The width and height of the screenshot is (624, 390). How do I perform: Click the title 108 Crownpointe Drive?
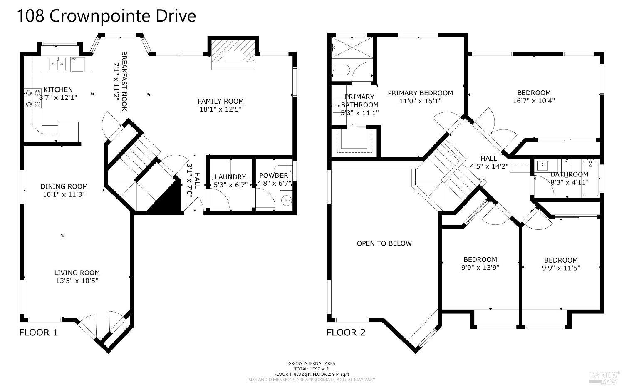click(106, 16)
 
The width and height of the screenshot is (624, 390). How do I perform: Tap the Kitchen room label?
click(58, 89)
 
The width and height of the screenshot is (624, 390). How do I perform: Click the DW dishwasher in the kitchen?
click(77, 64)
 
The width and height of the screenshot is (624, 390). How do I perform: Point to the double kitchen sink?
click(58, 64)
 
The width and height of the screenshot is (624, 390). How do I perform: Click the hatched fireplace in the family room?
click(233, 54)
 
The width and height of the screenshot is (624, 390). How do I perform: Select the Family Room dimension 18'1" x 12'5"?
click(220, 109)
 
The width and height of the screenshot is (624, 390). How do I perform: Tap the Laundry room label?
click(230, 177)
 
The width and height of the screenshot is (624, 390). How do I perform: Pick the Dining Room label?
click(64, 186)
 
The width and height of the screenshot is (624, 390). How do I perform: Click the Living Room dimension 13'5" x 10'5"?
click(77, 281)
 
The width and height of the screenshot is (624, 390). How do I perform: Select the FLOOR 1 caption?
click(39, 333)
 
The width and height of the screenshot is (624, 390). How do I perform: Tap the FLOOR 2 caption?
click(346, 333)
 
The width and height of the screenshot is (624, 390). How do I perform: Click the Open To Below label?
click(384, 243)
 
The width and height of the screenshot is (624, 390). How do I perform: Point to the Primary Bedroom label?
click(420, 93)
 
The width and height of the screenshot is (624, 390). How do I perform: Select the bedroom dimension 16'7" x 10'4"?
click(534, 101)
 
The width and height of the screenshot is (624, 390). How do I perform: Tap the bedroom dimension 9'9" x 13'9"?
click(480, 268)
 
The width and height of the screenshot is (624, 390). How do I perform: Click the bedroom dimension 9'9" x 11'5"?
click(561, 268)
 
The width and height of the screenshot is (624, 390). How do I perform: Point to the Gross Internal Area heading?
click(312, 363)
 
